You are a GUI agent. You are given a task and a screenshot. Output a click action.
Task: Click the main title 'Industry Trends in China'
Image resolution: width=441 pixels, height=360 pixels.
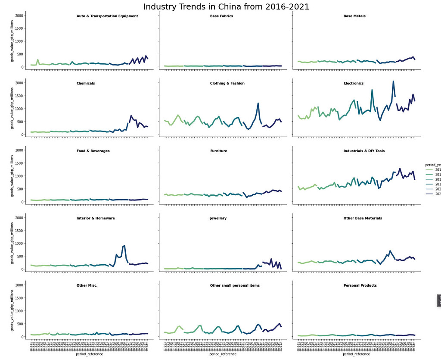(226, 7)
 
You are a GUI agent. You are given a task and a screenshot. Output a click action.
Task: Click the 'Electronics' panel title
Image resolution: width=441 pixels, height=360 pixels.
(353, 84)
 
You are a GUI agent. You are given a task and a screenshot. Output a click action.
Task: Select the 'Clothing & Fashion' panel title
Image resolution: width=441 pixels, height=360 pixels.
(227, 84)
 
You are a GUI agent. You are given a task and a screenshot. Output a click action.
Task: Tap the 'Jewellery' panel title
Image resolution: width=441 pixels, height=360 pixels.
(218, 219)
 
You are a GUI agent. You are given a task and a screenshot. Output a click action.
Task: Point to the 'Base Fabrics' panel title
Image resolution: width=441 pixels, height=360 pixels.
(221, 16)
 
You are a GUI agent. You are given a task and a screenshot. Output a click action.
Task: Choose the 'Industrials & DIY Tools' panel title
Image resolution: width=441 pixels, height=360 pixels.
(364, 151)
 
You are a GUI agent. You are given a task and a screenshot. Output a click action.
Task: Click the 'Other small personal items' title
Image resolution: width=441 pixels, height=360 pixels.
(235, 286)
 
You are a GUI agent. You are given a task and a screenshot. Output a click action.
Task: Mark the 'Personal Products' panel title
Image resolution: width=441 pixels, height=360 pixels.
(360, 286)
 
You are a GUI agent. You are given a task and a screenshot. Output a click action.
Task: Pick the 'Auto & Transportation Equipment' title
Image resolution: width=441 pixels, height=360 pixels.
(107, 16)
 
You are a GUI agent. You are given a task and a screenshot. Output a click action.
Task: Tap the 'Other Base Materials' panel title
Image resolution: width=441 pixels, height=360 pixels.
(363, 219)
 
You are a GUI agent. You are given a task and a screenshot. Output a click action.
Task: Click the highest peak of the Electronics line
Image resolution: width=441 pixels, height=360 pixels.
(393, 81)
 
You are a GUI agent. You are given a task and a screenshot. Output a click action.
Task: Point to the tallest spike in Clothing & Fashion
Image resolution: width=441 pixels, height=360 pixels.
(258, 103)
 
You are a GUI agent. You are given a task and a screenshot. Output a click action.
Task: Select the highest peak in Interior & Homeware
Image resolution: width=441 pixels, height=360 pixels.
(124, 246)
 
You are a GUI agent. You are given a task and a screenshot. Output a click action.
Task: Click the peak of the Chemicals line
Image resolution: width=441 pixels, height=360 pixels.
(131, 116)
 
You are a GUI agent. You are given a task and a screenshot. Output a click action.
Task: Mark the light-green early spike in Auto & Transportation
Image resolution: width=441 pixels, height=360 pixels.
(38, 59)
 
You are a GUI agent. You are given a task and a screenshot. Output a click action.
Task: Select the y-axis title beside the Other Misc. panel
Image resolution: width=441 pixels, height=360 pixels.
(12, 310)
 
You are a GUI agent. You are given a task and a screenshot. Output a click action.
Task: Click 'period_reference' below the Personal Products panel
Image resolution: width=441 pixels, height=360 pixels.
(356, 354)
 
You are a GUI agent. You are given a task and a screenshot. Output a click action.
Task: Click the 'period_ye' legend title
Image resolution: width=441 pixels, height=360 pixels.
(432, 165)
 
